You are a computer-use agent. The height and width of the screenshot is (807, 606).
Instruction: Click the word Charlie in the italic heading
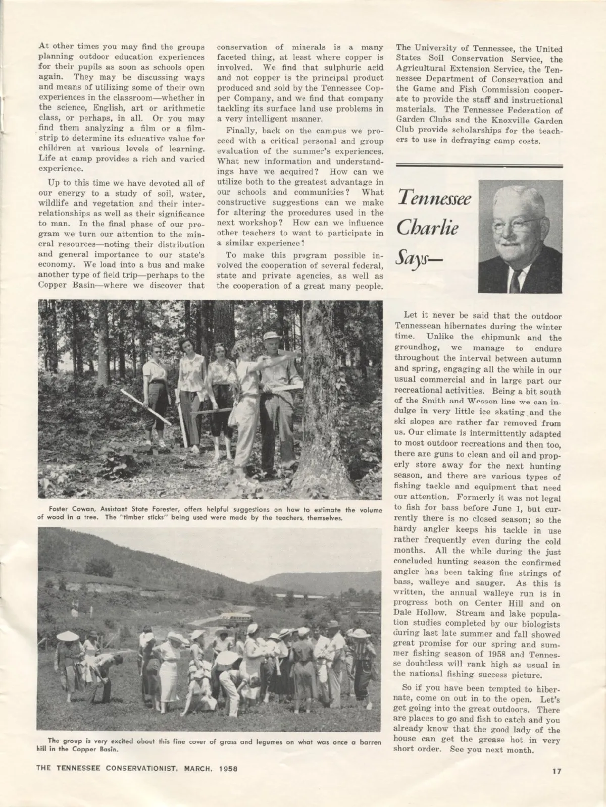point(427,228)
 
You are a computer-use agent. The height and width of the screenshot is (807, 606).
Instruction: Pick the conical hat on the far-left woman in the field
point(68,636)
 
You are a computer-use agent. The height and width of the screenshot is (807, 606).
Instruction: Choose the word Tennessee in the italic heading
point(434,198)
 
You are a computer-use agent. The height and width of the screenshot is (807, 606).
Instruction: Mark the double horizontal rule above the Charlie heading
point(479,165)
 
